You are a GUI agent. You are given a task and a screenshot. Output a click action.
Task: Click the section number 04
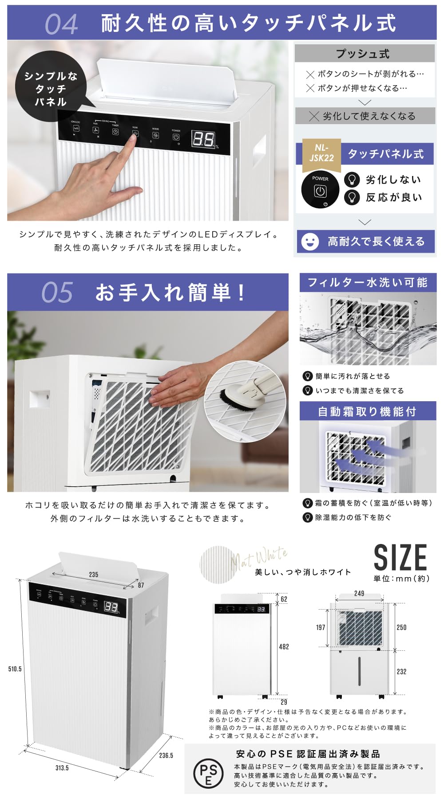pos(61,24)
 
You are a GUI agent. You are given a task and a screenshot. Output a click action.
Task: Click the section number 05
pos(57,293)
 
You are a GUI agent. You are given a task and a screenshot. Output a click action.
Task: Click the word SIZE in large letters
pos(400,558)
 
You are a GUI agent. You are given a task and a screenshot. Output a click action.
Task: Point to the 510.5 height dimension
pos(15,669)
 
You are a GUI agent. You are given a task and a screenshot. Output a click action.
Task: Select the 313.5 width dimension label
pos(62,768)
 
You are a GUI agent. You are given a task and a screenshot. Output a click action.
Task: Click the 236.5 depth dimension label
pos(166,755)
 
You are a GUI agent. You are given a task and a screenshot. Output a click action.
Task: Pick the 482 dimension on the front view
pos(284,647)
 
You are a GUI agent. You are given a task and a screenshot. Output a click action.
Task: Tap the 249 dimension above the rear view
pos(359,593)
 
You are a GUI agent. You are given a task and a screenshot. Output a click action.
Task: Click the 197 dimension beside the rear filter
pos(321,627)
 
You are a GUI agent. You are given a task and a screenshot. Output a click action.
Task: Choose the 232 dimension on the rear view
pos(401,672)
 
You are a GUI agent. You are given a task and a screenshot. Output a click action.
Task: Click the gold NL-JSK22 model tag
pos(321,153)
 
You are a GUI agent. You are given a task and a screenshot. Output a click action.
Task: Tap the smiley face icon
pos(310,242)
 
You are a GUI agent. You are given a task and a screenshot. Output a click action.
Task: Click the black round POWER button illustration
pos(320,190)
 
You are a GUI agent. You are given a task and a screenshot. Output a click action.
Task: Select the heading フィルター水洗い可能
pos(368,282)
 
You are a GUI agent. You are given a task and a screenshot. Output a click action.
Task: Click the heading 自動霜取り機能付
pos(368,411)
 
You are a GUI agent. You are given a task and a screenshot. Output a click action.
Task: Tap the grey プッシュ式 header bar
pos(364,54)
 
